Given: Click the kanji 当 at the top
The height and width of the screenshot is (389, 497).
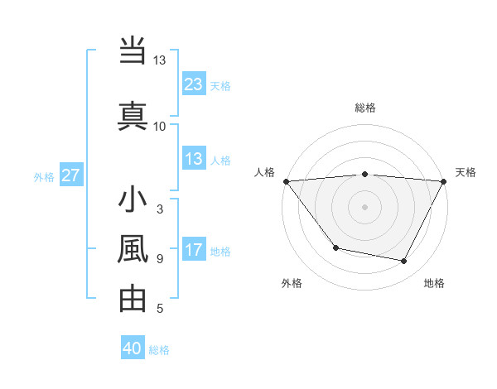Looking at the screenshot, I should click(x=133, y=51).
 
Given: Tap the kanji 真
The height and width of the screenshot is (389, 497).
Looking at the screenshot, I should click(x=133, y=113).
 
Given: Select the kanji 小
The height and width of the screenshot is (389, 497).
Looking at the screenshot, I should click(x=133, y=201).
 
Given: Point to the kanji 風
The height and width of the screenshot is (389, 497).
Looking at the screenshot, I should click(x=133, y=249).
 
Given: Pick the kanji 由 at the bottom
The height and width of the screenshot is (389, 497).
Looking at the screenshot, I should click(x=133, y=298).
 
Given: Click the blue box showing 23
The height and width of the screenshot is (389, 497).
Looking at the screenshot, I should click(x=194, y=84).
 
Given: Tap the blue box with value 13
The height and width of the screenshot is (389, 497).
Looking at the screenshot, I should click(x=194, y=159).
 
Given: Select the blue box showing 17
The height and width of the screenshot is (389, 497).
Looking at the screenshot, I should click(x=194, y=250).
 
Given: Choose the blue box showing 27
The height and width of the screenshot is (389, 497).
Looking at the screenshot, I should click(x=70, y=175).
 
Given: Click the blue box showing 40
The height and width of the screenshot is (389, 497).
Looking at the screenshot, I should click(x=133, y=348).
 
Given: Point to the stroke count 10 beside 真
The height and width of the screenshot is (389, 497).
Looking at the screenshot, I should click(x=160, y=126).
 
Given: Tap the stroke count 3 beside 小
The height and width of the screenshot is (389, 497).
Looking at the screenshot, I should click(x=160, y=210).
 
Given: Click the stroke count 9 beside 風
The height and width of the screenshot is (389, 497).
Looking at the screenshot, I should click(x=160, y=259).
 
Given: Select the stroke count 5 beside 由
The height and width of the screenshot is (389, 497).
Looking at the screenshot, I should click(x=160, y=309).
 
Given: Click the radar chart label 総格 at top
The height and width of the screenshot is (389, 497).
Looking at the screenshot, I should click(x=365, y=108).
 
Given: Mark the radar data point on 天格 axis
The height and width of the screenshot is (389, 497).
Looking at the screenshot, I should click(x=444, y=181).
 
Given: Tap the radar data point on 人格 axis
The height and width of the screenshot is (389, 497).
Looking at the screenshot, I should click(x=286, y=181).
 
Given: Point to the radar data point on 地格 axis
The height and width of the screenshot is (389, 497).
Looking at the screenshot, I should click(x=404, y=262).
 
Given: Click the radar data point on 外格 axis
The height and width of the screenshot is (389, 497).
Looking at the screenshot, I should click(x=335, y=247).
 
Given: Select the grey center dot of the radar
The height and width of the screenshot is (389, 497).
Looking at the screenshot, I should click(x=365, y=207).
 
